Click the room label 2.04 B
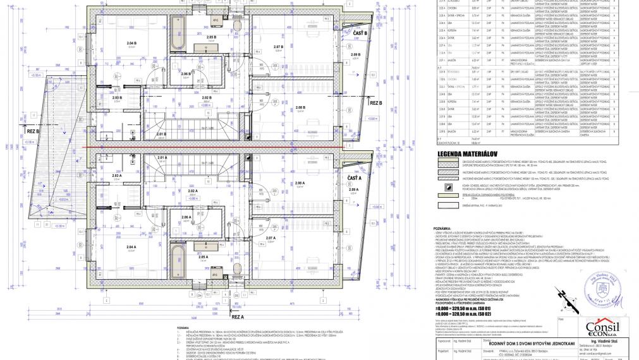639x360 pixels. click(x=131, y=43)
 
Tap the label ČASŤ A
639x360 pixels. click(x=355, y=179)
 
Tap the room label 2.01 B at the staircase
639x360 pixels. click(x=161, y=133)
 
